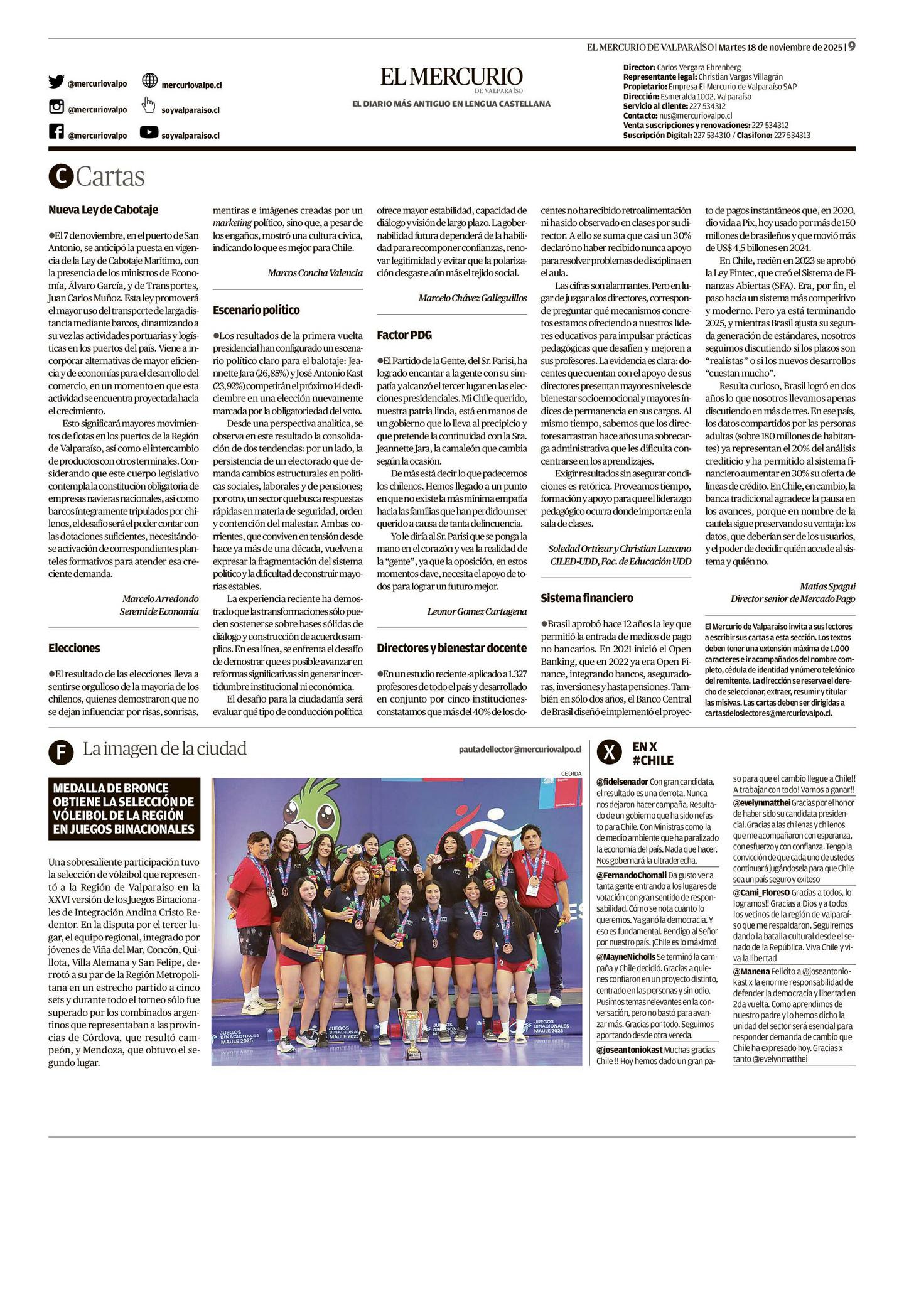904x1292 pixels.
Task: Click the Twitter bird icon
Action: [56, 82]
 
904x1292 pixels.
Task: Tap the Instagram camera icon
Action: [56, 107]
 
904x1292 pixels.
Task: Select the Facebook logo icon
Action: [56, 132]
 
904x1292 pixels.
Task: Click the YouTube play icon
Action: [149, 132]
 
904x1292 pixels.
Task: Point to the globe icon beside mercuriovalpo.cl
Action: [149, 81]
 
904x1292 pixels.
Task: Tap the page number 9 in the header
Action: [851, 47]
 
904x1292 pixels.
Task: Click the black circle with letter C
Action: [60, 177]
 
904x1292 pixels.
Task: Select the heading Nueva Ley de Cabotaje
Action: [103, 210]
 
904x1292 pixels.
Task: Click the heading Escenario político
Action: [256, 310]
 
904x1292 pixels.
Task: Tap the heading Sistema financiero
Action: [587, 598]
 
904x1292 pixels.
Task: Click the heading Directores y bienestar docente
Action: [451, 648]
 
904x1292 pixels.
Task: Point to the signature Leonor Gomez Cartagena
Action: [476, 611]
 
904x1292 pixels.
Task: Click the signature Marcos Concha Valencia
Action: [315, 272]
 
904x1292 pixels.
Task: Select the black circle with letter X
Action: [609, 752]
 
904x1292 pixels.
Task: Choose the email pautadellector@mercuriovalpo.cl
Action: [520, 749]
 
